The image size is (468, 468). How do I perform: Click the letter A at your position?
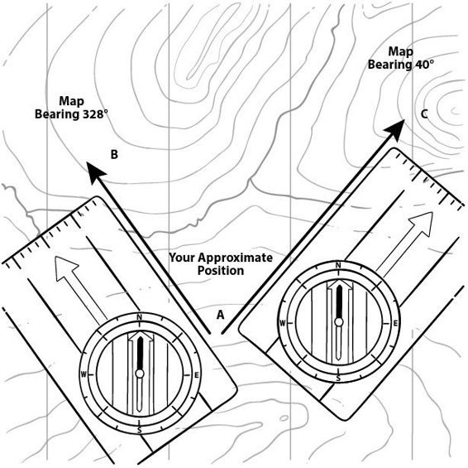(x=220, y=315)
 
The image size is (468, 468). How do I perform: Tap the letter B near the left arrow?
(x=114, y=155)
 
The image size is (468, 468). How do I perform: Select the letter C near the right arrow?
(x=424, y=114)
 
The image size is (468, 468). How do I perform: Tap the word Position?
(x=221, y=271)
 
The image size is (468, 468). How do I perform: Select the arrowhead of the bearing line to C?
(x=395, y=129)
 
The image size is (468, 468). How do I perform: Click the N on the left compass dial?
(x=139, y=317)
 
